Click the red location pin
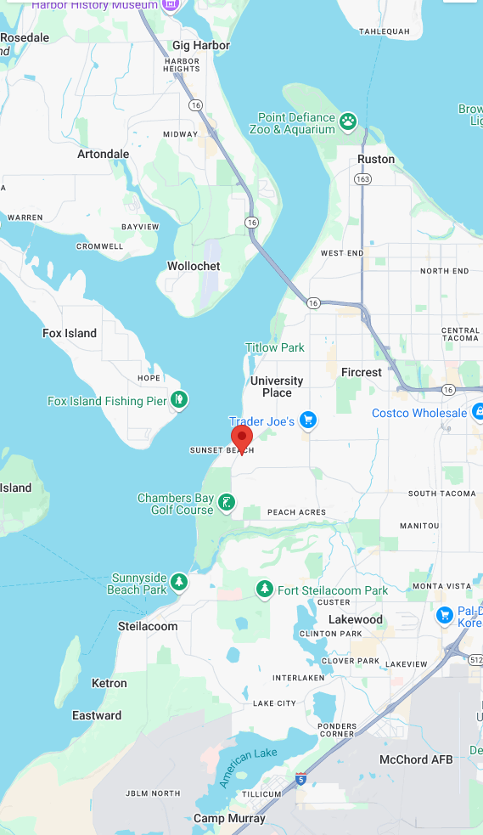[x=242, y=438]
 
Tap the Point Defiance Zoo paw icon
[x=348, y=121]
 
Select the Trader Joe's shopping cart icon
[x=308, y=420]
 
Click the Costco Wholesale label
[x=419, y=413]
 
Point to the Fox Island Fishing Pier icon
[x=178, y=398]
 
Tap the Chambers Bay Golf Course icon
[x=226, y=503]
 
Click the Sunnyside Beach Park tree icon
[x=178, y=582]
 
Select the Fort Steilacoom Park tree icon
[x=265, y=589]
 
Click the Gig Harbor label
[x=200, y=45]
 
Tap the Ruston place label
[x=376, y=159]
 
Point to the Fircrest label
[x=362, y=372]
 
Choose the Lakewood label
[x=356, y=619]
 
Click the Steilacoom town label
[x=148, y=626]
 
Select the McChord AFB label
[x=416, y=759]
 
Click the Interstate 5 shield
[x=301, y=778]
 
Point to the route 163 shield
[x=362, y=179]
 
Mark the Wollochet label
[x=194, y=266]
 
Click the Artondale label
[x=104, y=154]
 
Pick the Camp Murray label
[x=229, y=818]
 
